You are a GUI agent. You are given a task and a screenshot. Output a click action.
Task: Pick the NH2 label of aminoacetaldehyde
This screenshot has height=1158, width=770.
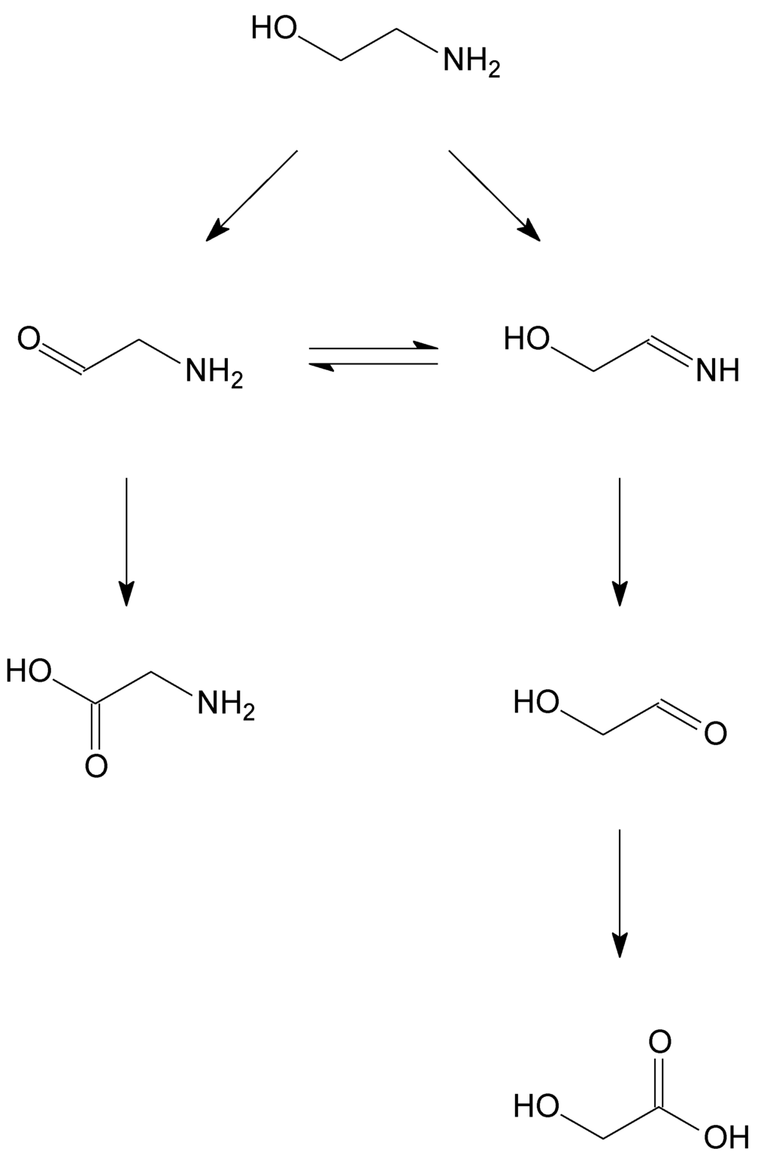[215, 372]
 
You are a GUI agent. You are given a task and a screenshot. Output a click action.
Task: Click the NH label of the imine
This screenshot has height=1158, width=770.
[718, 370]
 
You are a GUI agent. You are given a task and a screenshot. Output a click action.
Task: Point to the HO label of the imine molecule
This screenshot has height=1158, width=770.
[527, 339]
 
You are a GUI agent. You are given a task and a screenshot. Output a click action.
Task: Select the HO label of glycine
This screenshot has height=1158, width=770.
[29, 670]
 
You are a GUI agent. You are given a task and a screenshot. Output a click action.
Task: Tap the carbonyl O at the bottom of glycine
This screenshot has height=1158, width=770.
[95, 766]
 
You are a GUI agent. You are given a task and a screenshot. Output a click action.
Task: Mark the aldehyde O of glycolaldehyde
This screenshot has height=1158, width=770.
[716, 733]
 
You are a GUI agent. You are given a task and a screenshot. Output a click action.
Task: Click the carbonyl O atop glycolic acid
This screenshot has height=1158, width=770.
[659, 1042]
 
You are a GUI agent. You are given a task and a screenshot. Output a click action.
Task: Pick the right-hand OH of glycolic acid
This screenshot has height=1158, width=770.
[726, 1136]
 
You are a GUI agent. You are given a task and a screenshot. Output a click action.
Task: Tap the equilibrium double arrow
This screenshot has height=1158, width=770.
[374, 356]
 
